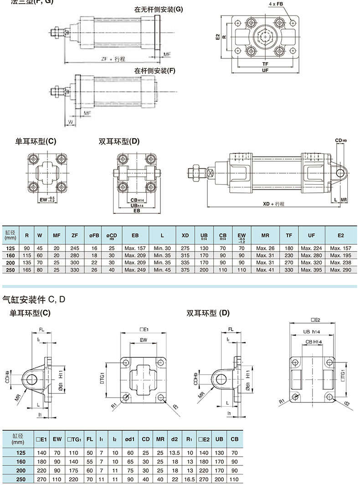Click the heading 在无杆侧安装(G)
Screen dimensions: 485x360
[158, 10]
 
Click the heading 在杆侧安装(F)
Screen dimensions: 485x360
[154, 71]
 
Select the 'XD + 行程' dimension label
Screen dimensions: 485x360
[273, 204]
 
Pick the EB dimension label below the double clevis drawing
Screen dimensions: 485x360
[136, 211]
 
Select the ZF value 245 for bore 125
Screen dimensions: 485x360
[75, 248]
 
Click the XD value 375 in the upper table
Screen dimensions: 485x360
[185, 270]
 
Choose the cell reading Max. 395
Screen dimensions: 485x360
[311, 270]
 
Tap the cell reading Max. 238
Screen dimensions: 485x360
[341, 263]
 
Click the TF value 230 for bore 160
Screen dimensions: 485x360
[289, 255]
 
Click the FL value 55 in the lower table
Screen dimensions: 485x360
[90, 461]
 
